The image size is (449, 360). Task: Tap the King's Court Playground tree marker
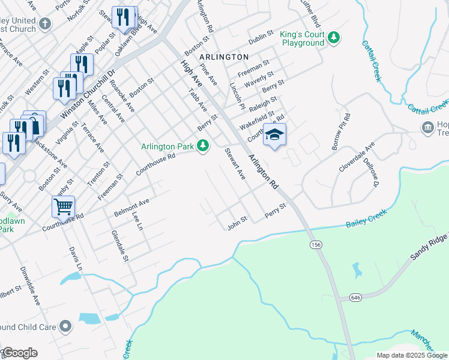pyautogui.click(x=334, y=39)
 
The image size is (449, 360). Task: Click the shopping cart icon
pyautogui.click(x=63, y=206)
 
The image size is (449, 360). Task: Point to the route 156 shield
pyautogui.click(x=315, y=245)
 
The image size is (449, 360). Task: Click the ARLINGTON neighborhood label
pyautogui.click(x=224, y=56)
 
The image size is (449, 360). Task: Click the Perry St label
pyautogui.click(x=276, y=211)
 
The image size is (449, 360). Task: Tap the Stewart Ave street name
pyautogui.click(x=235, y=164)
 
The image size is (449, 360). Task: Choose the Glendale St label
pyautogui.click(x=119, y=246)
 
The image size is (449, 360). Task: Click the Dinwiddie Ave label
pyautogui.click(x=29, y=286)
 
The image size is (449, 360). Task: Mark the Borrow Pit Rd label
pyautogui.click(x=340, y=131)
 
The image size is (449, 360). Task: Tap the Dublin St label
pyautogui.click(x=261, y=39)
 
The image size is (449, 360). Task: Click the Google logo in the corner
pyautogui.click(x=19, y=353)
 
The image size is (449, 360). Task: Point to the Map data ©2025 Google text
pyautogui.click(x=411, y=355)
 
